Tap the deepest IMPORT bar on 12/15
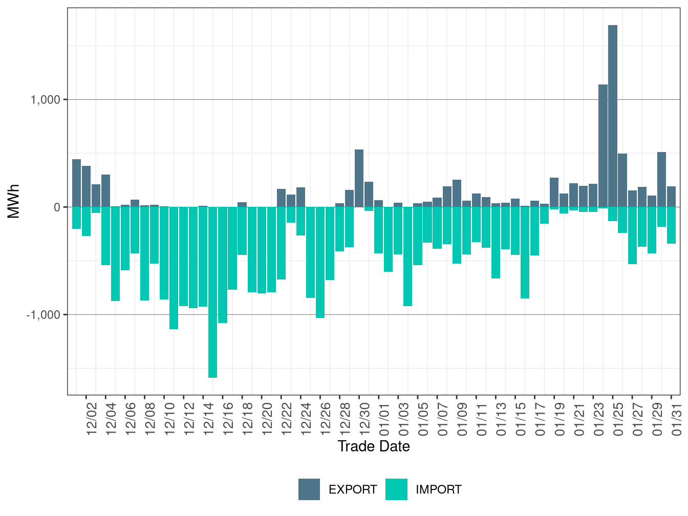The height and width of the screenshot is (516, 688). pos(212,292)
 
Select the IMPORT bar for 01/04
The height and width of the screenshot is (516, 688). pos(408,256)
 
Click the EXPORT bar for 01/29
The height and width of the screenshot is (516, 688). pos(661,179)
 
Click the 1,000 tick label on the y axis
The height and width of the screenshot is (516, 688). pos(46,100)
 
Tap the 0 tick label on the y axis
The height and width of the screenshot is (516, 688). pos(57,207)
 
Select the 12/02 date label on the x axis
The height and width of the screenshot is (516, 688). pos(92,419)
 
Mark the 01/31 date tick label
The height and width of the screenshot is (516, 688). pos(677,419)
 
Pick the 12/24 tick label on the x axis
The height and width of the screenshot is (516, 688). pos(306,419)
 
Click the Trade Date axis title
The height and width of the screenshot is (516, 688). pos(374,446)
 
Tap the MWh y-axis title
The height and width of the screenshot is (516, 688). pos(14,201)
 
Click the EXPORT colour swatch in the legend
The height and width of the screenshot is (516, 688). pos(309,489)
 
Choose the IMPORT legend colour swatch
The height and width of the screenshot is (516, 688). pos(396,489)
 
